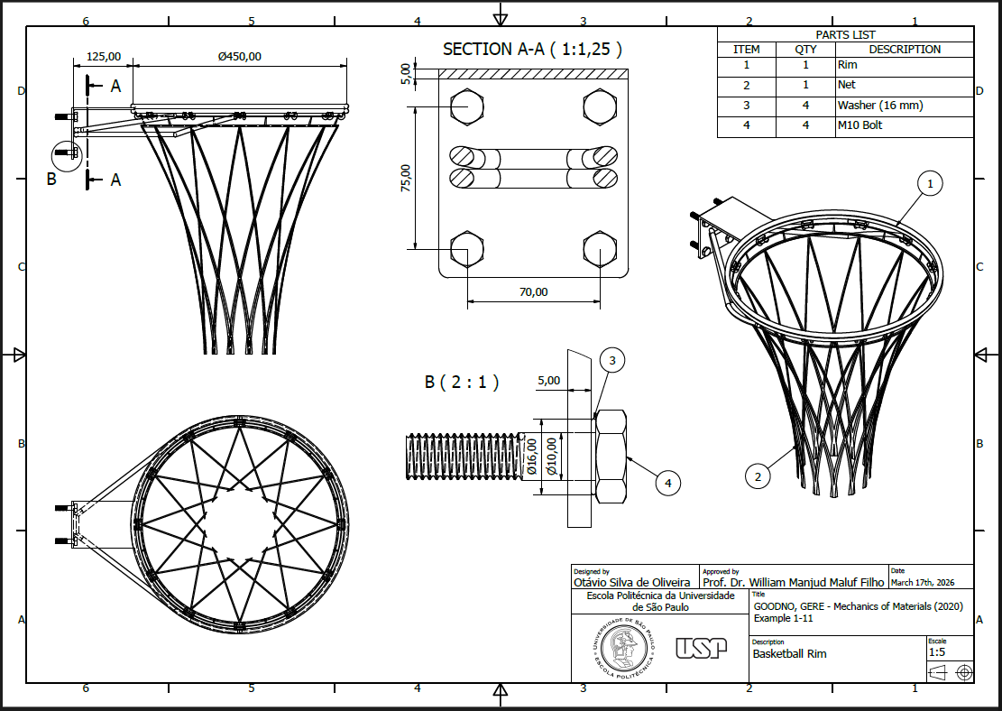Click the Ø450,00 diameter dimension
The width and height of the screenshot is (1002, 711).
point(239,56)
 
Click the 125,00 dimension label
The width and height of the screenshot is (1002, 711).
point(103,56)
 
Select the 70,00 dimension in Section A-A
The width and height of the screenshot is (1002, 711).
point(533,291)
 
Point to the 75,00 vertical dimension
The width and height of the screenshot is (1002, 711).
point(406,178)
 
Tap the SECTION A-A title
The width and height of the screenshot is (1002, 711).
point(532,50)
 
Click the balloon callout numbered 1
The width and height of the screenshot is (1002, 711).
point(931,184)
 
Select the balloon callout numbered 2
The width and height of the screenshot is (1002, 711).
point(758,476)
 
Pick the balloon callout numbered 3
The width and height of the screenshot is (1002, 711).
point(612,361)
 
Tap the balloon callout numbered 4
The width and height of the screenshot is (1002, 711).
point(667,484)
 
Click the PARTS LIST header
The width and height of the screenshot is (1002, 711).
point(845,34)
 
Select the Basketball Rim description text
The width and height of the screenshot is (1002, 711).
point(789,654)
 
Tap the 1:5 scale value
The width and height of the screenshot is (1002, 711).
point(937,651)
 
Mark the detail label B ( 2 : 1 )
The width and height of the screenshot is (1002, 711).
point(461,382)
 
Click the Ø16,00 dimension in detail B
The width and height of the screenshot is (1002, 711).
point(532,456)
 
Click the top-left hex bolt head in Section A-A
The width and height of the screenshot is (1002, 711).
point(466,106)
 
